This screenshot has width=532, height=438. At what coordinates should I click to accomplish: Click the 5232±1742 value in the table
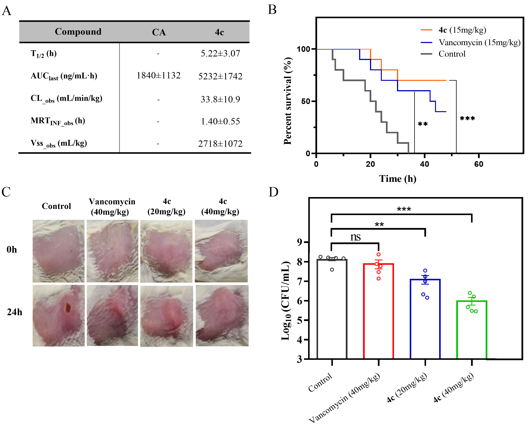coord(220,76)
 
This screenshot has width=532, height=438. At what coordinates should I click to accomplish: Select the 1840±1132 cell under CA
coord(158,75)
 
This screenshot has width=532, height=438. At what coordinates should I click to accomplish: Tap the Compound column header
coord(78,31)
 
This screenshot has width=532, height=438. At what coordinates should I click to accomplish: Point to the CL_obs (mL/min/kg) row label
coord(66,98)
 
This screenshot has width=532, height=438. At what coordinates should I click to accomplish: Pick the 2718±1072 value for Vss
coord(220,144)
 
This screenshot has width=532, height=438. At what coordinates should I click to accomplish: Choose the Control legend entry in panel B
coord(452,54)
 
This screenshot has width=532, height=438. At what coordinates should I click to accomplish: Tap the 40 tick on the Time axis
coord(425,164)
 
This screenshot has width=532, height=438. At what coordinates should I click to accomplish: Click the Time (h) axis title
coord(398,179)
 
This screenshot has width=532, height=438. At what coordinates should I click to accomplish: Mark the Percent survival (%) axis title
coord(287,101)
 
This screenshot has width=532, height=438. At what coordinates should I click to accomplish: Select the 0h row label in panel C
coord(12,250)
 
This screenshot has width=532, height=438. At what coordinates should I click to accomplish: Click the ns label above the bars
coord(355,237)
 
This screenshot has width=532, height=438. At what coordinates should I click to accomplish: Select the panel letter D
coord(273,192)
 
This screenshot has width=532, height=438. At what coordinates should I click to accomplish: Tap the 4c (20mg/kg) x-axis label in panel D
coord(407,388)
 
